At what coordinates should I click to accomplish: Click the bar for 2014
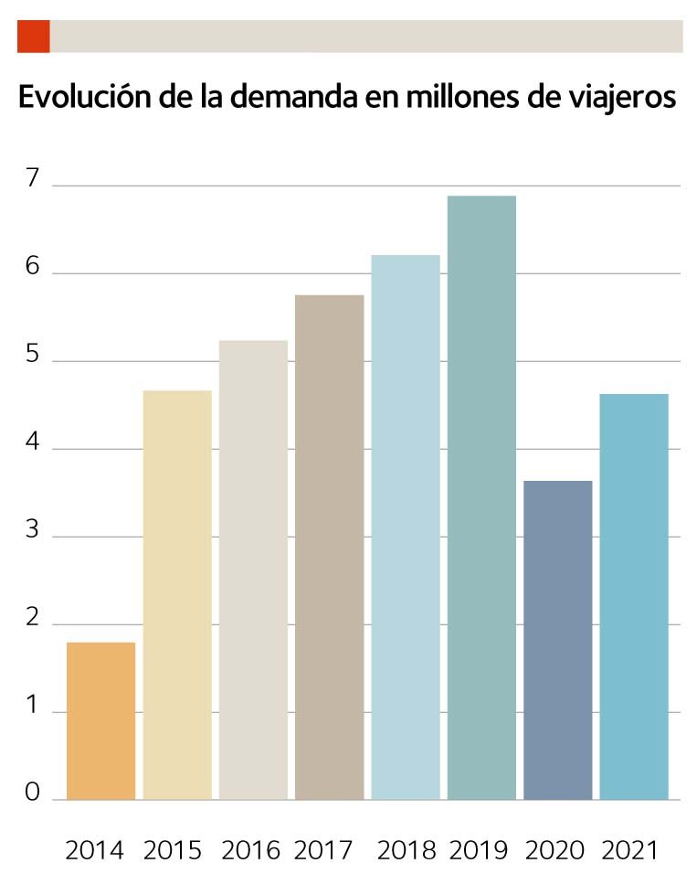point(100,721)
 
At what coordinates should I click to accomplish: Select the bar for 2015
point(177,595)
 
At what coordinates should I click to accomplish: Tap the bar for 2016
point(253,570)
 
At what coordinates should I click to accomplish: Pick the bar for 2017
point(329,548)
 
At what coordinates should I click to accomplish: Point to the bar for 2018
point(406,527)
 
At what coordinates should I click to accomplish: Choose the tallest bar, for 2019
point(481,498)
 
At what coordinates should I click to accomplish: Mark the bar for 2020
point(557,640)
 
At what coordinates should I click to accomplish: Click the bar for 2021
point(634,597)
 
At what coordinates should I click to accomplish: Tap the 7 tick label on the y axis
point(34,179)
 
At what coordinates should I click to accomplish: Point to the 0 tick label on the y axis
point(34,793)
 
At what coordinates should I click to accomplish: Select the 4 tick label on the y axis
point(34,442)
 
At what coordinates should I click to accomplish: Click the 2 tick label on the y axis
point(34,618)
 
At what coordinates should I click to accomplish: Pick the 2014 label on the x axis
point(94,850)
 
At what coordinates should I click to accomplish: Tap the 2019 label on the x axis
point(478,850)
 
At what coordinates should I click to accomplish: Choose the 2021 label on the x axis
point(629,850)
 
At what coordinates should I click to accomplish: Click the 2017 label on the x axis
point(323,850)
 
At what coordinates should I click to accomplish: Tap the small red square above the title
point(33,37)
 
